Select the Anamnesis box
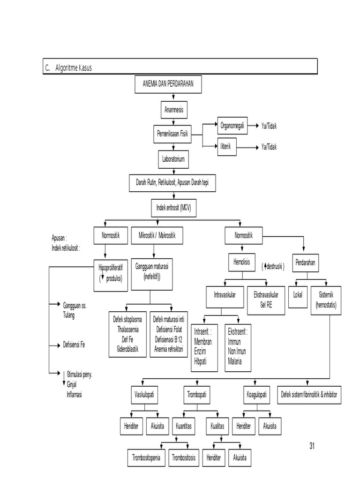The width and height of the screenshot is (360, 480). (174, 111)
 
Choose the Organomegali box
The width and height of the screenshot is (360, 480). (232, 126)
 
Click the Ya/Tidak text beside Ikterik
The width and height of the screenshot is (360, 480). (269, 147)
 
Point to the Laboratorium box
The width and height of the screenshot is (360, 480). (173, 159)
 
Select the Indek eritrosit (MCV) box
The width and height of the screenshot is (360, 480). (173, 207)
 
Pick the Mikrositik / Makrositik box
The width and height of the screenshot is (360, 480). (157, 235)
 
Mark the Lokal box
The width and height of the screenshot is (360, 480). (298, 296)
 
